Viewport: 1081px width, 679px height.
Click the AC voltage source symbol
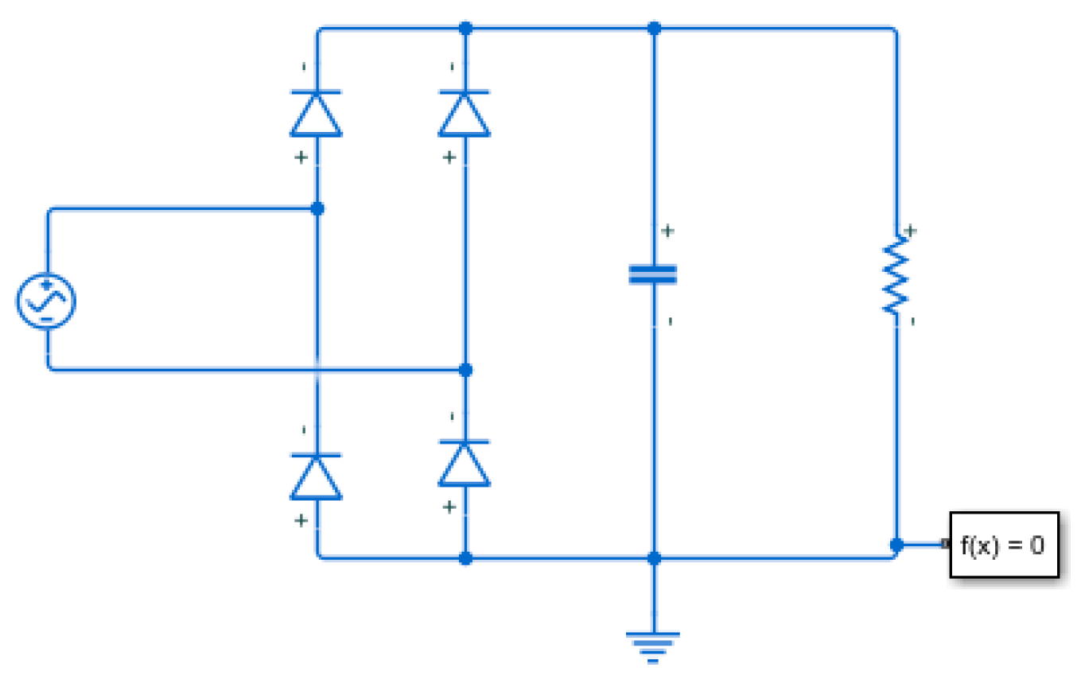[47, 301]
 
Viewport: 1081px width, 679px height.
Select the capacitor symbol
[653, 275]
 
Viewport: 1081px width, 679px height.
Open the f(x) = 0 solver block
[1004, 545]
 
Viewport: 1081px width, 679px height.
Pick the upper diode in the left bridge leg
[317, 114]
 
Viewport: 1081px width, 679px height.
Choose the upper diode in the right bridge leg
[465, 114]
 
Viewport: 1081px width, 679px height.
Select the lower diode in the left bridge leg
[317, 476]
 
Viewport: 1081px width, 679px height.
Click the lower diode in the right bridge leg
[465, 463]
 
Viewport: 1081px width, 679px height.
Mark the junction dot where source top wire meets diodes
[317, 209]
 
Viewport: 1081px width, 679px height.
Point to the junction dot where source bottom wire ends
[466, 370]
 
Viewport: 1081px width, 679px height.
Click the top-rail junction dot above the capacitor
[654, 29]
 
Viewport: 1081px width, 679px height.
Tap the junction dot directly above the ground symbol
[654, 558]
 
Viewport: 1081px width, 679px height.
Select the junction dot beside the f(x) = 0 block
[896, 545]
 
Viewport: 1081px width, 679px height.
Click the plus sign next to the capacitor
[668, 231]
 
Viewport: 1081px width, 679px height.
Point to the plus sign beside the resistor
[911, 231]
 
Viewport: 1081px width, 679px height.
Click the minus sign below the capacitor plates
[670, 321]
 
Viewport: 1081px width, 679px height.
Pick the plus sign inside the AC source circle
[47, 285]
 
